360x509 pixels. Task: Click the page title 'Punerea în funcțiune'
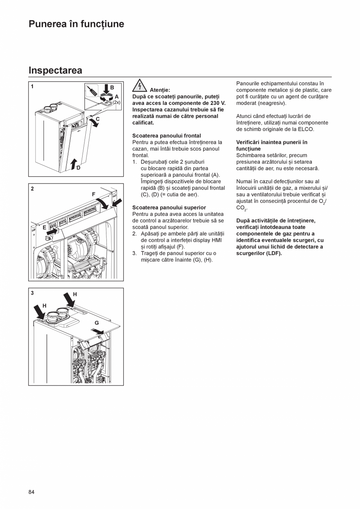[76, 24]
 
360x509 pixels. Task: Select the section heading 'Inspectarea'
[55, 70]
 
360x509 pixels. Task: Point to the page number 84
[31, 492]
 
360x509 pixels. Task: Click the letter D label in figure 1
[78, 168]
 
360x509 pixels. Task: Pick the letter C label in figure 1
[97, 119]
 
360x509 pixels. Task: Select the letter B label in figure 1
[112, 88]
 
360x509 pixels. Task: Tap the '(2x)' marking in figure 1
[117, 102]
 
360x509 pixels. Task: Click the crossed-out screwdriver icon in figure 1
[92, 92]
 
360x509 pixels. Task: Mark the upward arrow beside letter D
[73, 164]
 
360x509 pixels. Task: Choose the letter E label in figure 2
[44, 227]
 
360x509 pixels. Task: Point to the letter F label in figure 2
[94, 194]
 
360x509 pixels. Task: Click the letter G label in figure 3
[96, 323]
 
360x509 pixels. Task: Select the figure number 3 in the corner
[32, 293]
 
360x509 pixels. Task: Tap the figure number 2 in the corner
[32, 189]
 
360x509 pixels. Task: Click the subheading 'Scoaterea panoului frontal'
[166, 136]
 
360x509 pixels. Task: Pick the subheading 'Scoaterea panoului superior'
[169, 207]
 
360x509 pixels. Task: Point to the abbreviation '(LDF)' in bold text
[274, 253]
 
